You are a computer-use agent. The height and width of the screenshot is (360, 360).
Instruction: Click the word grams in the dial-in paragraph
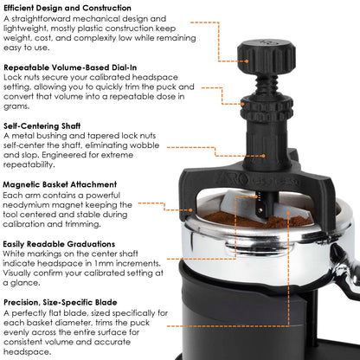click(x=19, y=110)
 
